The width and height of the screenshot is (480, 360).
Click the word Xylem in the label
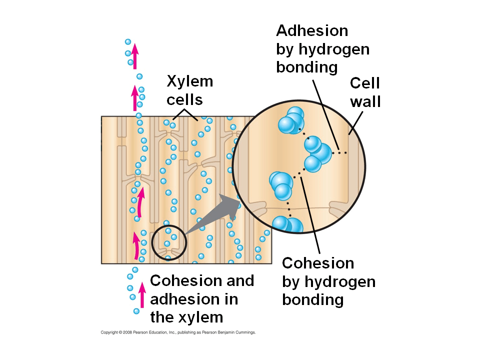(189, 81)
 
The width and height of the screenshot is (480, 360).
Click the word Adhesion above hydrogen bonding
(312, 31)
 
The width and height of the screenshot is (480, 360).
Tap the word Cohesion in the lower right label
(318, 263)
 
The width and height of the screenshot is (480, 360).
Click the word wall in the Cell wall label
(365, 101)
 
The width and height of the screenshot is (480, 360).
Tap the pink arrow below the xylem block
(142, 294)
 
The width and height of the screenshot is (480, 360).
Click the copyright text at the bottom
(178, 332)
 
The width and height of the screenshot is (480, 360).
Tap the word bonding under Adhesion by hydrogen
(306, 67)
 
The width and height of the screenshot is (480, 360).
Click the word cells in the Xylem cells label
(184, 100)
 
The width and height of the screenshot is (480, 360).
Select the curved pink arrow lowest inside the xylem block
(135, 245)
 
